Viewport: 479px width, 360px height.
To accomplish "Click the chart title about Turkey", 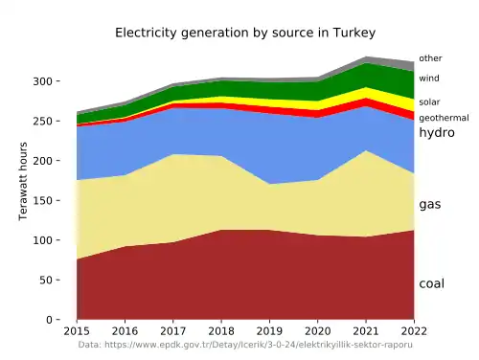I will point(239,33).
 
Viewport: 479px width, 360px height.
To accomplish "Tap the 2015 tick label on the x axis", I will point(77,330).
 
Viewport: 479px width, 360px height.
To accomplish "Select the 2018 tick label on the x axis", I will point(221,330).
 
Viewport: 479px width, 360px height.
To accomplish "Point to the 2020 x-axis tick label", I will point(317,330).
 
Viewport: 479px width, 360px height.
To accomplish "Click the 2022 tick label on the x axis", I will point(413,330).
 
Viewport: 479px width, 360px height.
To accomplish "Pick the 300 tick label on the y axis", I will point(55,81).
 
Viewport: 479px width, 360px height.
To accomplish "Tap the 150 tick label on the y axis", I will point(55,200).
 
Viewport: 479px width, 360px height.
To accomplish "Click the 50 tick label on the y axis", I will point(57,280).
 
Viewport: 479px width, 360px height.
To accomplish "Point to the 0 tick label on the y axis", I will point(61,320).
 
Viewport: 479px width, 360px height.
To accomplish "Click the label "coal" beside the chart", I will point(432,283).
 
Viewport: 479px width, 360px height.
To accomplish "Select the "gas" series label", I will point(430,205).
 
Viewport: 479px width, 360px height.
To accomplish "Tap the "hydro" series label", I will point(436,133).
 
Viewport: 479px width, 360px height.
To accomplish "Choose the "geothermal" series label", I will point(444,118).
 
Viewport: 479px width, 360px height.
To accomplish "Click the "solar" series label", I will point(429,101).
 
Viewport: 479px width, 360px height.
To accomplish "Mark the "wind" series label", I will point(429,79).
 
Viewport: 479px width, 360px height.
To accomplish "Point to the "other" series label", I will point(430,58).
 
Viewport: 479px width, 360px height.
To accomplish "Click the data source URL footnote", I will point(244,344).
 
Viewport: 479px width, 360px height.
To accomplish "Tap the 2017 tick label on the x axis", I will point(173,330).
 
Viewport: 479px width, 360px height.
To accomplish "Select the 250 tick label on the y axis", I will point(55,121).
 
